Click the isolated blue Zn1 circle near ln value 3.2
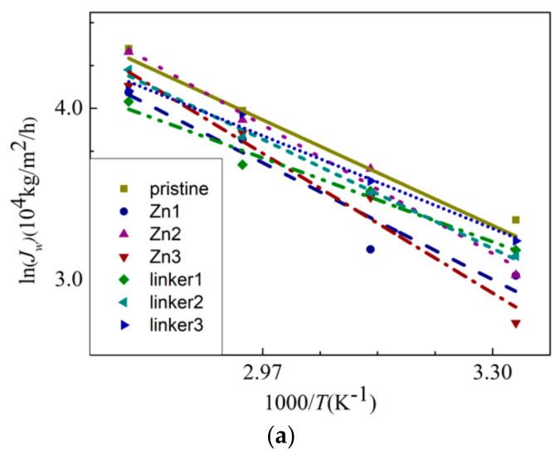pos(371,249)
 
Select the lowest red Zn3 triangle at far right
pos(516,324)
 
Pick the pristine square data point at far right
pos(516,220)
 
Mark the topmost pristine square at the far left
pos(129,49)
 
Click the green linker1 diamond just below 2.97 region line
pos(242,164)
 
